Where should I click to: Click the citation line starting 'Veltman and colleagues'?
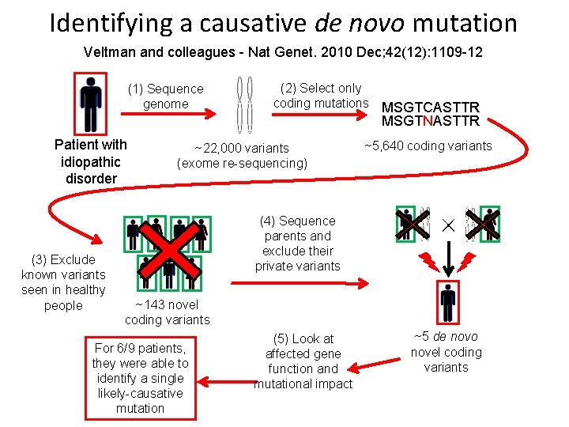pos(284,52)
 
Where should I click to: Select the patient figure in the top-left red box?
pos(91,104)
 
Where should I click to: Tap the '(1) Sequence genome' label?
pos(166,96)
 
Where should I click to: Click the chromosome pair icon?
pos(245,104)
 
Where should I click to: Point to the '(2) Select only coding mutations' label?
pos(321,96)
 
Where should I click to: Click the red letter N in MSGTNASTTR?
pos(427,122)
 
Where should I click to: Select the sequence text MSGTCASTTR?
pos(430,108)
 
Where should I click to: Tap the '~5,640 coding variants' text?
pos(428,145)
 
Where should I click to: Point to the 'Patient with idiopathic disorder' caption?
pos(91,161)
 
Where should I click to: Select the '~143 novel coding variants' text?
pos(167,312)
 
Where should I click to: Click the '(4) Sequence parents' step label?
pos(298,244)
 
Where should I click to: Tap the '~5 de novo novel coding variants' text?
pos(447,352)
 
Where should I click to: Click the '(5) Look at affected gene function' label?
pos(303,361)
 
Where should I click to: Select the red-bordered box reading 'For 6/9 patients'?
pos(140,378)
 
